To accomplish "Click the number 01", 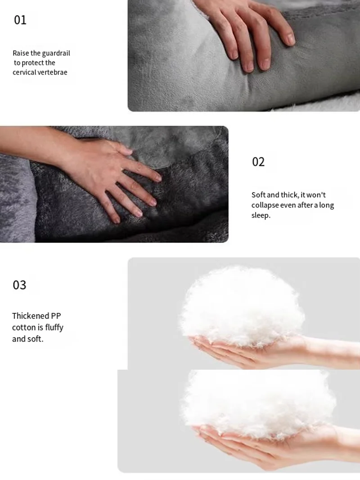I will [x=20, y=20].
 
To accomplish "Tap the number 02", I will [x=258, y=162].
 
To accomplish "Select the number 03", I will [x=19, y=285].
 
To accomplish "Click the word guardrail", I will [x=56, y=53].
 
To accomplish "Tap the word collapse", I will [x=265, y=205].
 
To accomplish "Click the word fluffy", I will [x=54, y=327].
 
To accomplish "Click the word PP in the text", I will [x=56, y=316].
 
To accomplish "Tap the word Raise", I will [x=21, y=53].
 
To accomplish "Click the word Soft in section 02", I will [x=258, y=195].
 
